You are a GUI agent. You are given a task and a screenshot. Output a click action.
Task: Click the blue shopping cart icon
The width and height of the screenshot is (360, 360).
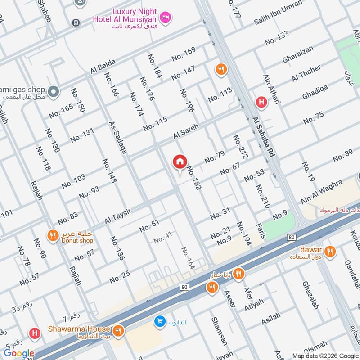tap(159, 321)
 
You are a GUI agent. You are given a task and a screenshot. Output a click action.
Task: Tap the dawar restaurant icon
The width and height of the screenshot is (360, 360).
tap(330, 252)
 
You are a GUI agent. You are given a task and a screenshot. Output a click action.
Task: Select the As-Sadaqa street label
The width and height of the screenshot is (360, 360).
tap(117, 138)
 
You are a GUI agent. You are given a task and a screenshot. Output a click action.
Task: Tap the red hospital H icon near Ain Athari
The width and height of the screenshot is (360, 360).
tap(261, 103)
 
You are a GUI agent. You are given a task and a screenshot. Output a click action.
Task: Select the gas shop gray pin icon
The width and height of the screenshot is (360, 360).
tap(54, 92)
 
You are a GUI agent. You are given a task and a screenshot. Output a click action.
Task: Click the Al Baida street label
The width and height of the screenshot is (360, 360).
tap(103, 68)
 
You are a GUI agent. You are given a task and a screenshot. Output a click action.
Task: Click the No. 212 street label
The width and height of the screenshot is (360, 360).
tap(241, 147)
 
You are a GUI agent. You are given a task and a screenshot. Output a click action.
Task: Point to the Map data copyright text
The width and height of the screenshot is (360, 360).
tap(325, 355)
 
